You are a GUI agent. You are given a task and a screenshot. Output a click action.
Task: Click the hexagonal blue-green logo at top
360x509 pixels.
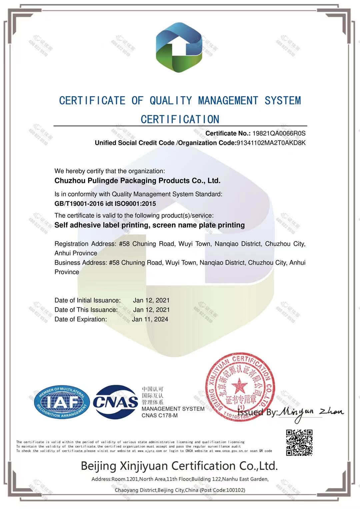pyautogui.click(x=179, y=47)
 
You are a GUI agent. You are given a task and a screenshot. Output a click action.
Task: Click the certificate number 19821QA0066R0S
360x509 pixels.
pyautogui.click(x=279, y=133)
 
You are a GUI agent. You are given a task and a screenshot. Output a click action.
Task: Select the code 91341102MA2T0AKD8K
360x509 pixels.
pyautogui.click(x=271, y=143)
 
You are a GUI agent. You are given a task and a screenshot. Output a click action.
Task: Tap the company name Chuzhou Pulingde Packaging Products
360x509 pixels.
pyautogui.click(x=137, y=181)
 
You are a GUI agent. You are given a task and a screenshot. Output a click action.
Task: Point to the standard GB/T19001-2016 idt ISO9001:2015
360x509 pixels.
pyautogui.click(x=105, y=204)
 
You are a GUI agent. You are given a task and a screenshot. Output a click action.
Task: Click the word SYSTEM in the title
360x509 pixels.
pyautogui.click(x=283, y=101)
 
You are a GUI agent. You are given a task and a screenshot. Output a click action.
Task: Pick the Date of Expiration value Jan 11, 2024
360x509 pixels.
pyautogui.click(x=150, y=319)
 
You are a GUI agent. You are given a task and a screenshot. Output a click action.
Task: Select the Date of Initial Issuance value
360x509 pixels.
pyautogui.click(x=151, y=300)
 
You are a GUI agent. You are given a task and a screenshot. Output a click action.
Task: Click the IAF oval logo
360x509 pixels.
pyautogui.click(x=62, y=402)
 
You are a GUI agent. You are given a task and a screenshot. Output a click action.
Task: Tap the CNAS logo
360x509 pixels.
pyautogui.click(x=115, y=402)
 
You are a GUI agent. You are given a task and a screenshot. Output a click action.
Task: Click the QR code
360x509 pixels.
pyautogui.click(x=299, y=442)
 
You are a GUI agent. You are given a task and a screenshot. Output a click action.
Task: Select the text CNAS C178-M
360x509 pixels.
pyautogui.click(x=159, y=415)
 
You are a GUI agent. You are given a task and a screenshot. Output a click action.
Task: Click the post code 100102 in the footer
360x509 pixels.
pyautogui.click(x=235, y=490)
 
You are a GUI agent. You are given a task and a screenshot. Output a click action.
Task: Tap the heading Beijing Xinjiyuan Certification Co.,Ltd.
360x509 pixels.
pyautogui.click(x=179, y=466)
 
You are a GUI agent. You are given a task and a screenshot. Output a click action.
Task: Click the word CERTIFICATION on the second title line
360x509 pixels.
pyautogui.click(x=180, y=119)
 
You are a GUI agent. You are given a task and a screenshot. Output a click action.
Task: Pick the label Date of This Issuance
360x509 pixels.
pyautogui.click(x=86, y=310)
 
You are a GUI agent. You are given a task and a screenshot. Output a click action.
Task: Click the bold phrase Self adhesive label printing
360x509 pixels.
pyautogui.click(x=102, y=225)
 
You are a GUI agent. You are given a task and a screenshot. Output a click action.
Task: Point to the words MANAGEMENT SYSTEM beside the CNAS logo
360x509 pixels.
pyautogui.click(x=173, y=409)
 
